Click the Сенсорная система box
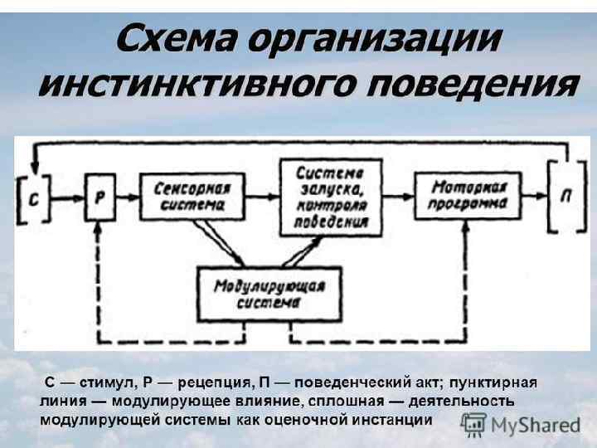coord(189,196)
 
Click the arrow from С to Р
coord(66,198)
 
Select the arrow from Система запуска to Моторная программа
coord(398,197)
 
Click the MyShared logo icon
coord(473,424)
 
